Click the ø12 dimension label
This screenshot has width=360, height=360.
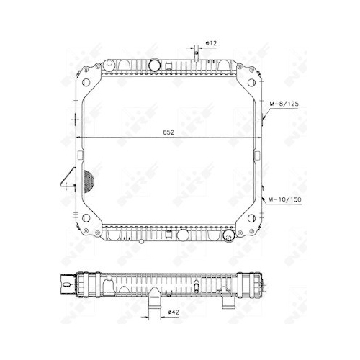(x=211, y=43)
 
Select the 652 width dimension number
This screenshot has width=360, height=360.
(x=168, y=132)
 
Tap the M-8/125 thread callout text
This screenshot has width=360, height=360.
(x=284, y=104)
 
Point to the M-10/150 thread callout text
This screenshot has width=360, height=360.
(x=284, y=199)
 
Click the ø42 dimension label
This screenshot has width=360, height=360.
(x=174, y=312)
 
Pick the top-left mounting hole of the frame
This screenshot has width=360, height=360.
(x=86, y=82)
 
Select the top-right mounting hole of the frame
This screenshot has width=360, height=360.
(x=251, y=83)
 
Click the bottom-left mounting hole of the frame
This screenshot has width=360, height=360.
(x=86, y=218)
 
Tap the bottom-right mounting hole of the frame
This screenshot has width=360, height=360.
(x=251, y=218)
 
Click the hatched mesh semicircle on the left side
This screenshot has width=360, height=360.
(x=88, y=181)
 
